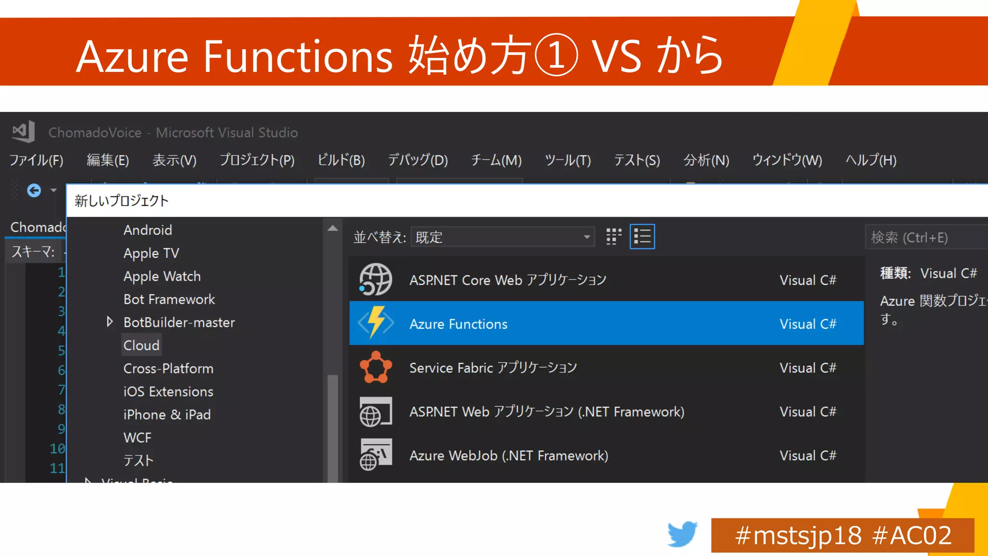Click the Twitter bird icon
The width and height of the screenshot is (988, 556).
(682, 534)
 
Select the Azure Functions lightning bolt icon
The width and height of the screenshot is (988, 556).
(376, 322)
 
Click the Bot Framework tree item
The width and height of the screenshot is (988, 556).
(169, 299)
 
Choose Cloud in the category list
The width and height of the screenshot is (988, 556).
(141, 346)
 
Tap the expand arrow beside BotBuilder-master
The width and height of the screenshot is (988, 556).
(110, 322)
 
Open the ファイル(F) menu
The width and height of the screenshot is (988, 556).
(36, 160)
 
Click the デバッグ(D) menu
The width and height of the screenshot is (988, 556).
(418, 160)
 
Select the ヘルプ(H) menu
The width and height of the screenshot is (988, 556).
(871, 160)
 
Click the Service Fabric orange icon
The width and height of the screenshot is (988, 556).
(376, 367)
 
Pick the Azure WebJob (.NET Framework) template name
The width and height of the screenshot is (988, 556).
(508, 456)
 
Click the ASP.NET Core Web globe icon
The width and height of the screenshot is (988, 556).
(376, 279)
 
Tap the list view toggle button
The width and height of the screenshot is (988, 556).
(642, 236)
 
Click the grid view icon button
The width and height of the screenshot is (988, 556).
(614, 236)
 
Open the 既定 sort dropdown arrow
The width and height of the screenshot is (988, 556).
(587, 237)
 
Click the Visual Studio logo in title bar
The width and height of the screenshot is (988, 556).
(24, 131)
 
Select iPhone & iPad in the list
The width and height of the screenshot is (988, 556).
(167, 415)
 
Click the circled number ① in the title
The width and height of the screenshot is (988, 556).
(556, 56)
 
